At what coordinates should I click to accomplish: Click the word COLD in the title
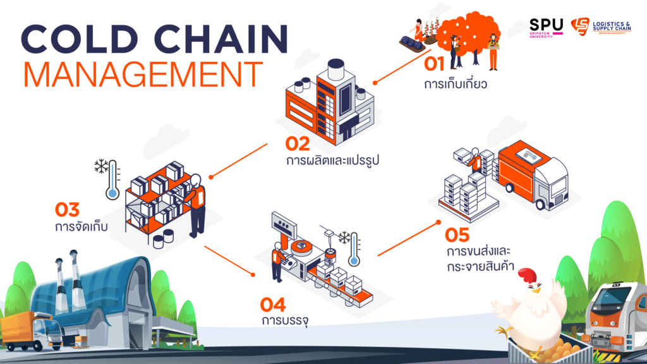[79, 39]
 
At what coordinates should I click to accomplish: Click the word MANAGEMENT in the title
[143, 75]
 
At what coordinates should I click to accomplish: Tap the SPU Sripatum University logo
[546, 28]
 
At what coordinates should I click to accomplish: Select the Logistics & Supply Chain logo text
[612, 27]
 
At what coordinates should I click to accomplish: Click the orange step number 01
[434, 64]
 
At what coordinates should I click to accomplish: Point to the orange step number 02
[298, 144]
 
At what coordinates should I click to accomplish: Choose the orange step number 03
[67, 210]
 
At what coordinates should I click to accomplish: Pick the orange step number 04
[273, 305]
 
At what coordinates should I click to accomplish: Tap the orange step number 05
[457, 235]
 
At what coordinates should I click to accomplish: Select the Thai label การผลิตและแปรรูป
[332, 161]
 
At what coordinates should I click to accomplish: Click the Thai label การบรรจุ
[285, 320]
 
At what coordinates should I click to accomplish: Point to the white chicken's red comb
[528, 275]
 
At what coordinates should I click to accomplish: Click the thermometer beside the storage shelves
[112, 180]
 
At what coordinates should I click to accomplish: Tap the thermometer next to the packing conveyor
[354, 249]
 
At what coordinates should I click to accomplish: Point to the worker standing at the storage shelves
[197, 207]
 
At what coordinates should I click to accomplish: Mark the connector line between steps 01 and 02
[402, 67]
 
